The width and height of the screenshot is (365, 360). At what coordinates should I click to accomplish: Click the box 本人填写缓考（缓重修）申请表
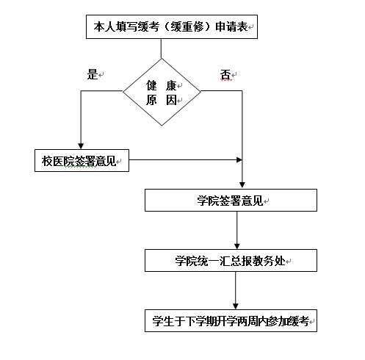[x=172, y=26]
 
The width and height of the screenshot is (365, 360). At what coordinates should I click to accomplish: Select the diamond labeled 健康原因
[x=162, y=92]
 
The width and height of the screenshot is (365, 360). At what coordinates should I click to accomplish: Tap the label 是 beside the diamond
[x=93, y=74]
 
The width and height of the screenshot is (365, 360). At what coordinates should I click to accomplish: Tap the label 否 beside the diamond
[x=225, y=74]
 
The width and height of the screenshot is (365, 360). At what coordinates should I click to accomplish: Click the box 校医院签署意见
[x=82, y=160]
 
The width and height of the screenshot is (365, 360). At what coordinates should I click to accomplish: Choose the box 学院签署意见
[x=231, y=200]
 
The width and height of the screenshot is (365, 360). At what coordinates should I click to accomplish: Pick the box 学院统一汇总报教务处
[x=231, y=260]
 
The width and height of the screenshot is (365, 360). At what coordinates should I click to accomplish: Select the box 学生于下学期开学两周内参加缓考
[x=231, y=320]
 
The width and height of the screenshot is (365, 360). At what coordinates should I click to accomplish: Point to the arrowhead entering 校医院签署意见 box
[x=81, y=146]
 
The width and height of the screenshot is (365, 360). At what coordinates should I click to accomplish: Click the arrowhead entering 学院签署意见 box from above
[x=242, y=185]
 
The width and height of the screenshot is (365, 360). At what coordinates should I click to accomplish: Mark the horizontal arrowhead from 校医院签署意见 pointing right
[x=239, y=160]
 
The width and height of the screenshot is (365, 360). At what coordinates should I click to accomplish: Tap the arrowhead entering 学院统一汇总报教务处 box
[x=236, y=246]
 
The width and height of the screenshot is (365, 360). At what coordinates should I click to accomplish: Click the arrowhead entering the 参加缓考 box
[x=235, y=306]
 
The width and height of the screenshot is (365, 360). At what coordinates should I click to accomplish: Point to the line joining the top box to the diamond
[x=161, y=48]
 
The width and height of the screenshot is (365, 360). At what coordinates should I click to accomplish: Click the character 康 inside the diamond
[x=171, y=85]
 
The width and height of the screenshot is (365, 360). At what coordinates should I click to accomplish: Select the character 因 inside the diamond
[x=171, y=100]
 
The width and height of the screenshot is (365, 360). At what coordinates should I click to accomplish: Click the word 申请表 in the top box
[x=231, y=26]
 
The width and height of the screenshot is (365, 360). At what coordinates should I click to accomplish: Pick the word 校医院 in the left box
[x=58, y=161]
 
